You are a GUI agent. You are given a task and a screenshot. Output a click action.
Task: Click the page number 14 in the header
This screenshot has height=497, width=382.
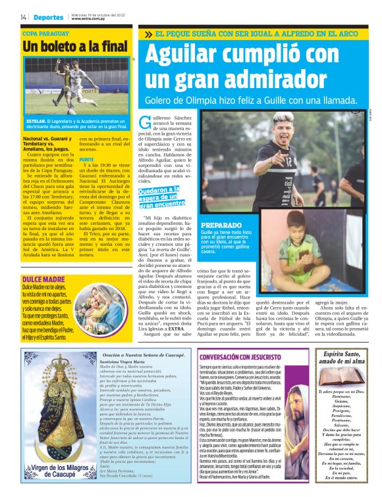(x=23, y=16)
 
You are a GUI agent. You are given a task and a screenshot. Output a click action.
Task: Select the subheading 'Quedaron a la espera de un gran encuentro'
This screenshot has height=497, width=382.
(x=159, y=197)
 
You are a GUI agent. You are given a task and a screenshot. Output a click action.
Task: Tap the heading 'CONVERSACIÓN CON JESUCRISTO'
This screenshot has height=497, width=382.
(x=240, y=356)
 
